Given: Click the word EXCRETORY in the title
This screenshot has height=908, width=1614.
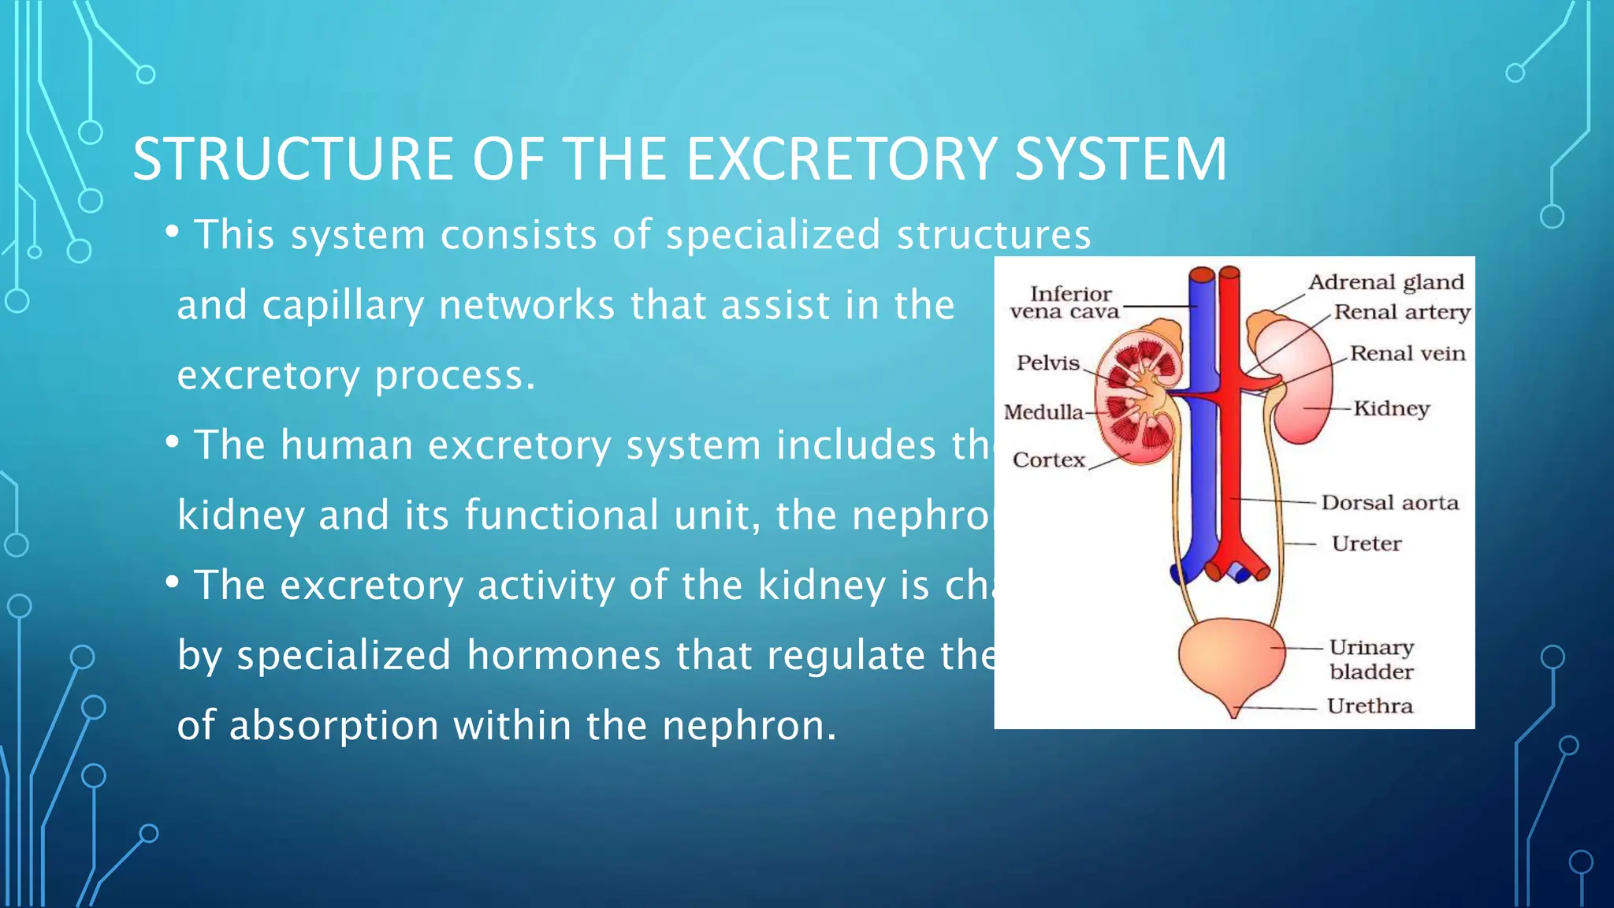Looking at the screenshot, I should [841, 159].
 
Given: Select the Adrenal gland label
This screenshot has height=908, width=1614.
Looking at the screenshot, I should [1386, 282].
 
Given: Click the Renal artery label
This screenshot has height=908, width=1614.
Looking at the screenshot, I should [1402, 312].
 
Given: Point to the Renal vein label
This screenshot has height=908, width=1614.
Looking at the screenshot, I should [1408, 353].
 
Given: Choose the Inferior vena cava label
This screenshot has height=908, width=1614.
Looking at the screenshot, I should [1065, 303].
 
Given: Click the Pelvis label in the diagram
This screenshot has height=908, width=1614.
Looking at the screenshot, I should [1047, 363].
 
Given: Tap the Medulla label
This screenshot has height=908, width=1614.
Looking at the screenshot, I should [1043, 412].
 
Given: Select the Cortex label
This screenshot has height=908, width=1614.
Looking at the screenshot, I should [1049, 460].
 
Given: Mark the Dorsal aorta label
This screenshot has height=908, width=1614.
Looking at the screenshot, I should [1389, 503].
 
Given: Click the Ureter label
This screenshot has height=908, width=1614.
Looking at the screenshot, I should [1367, 544].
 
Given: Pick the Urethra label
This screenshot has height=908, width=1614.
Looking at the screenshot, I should [1370, 706].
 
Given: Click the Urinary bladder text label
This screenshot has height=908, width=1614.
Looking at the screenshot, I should [1371, 660].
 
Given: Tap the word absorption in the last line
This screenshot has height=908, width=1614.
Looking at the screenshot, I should [334, 725].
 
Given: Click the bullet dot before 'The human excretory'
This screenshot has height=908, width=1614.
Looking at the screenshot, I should [173, 443].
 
